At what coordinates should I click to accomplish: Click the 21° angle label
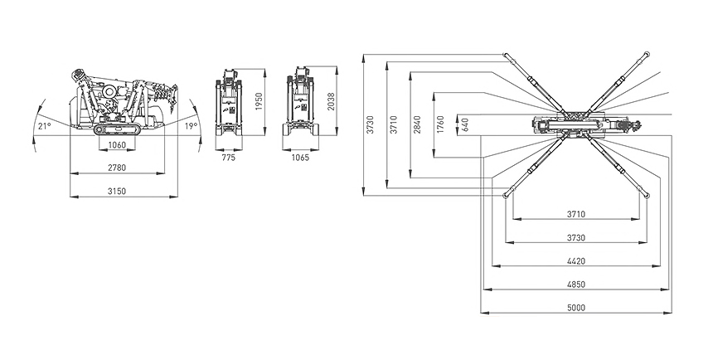coord(45,126)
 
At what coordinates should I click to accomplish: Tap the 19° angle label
coord(190,126)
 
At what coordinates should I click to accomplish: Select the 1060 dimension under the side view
coord(117,146)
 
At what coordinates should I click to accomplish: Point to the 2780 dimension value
coord(117,168)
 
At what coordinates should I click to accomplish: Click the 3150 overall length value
coord(117,192)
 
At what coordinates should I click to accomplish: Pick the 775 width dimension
coord(229,157)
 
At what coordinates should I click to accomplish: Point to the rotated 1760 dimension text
coord(440,125)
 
